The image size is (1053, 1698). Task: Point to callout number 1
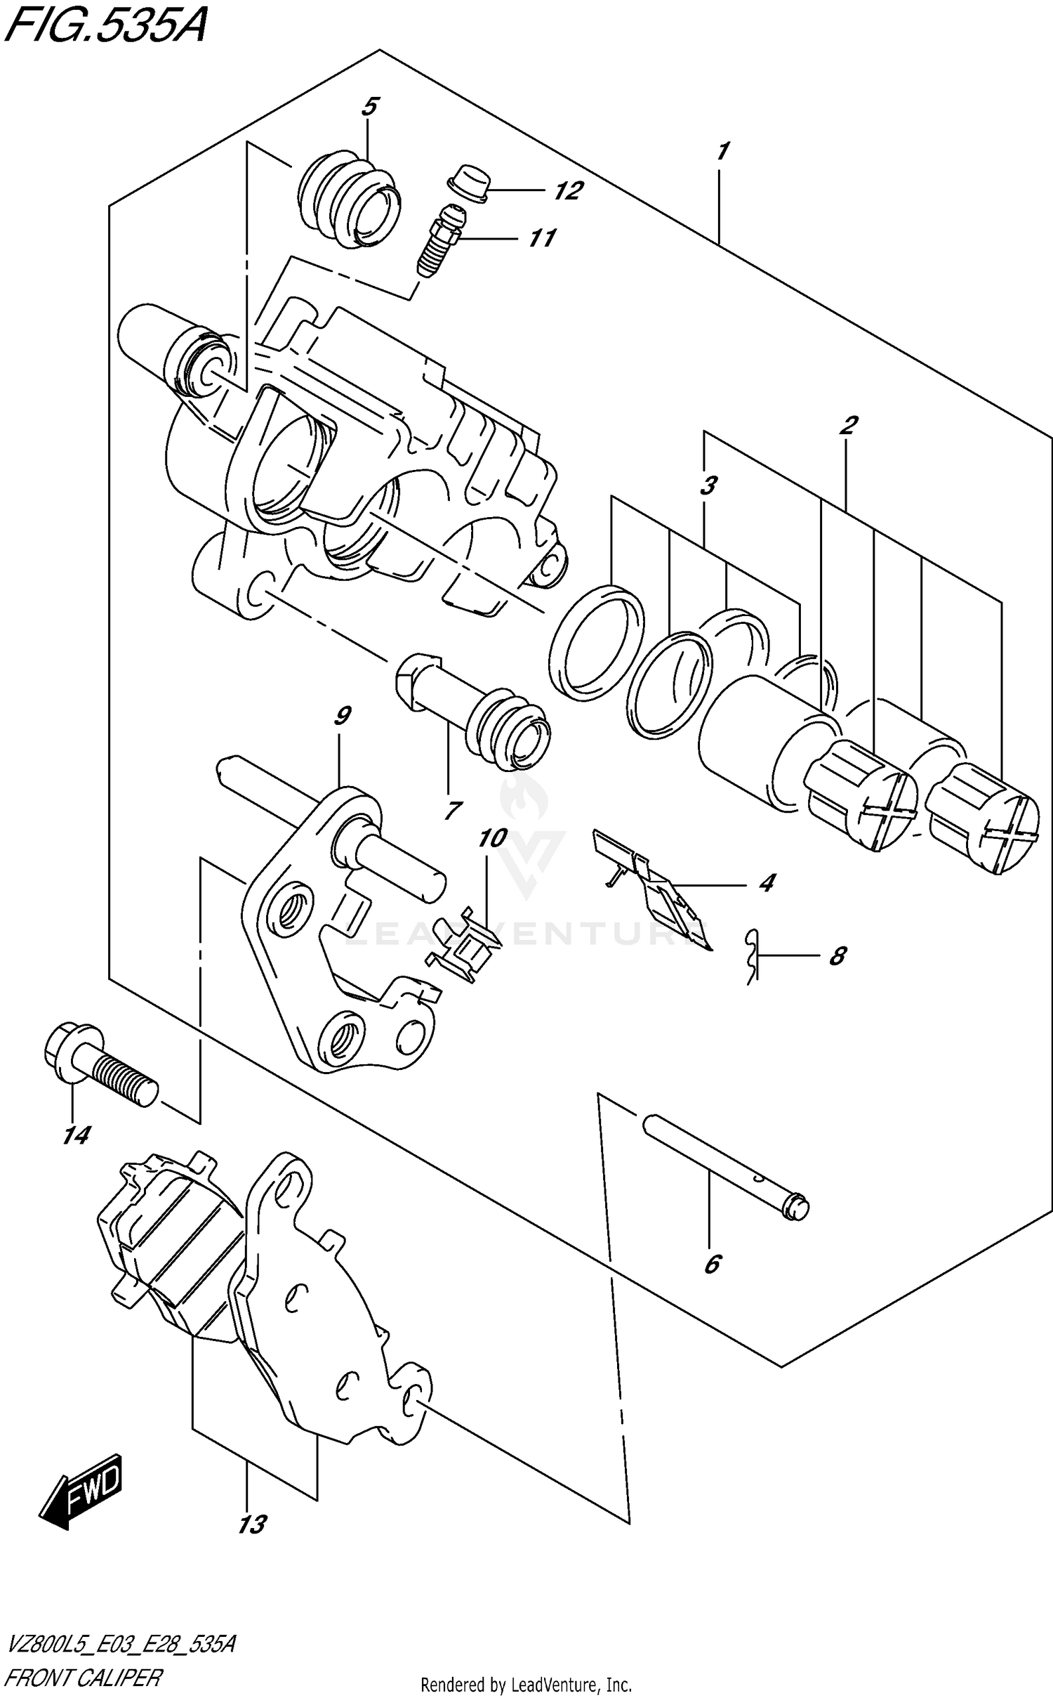[722, 151]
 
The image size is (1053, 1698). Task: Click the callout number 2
[848, 425]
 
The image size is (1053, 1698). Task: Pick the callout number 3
[709, 485]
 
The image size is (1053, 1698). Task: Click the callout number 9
[342, 717]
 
